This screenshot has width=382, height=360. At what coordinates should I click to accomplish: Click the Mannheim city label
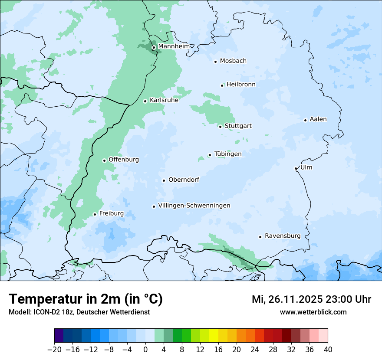pyautogui.click(x=174, y=46)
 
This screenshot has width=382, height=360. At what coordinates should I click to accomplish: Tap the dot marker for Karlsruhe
pyautogui.click(x=145, y=101)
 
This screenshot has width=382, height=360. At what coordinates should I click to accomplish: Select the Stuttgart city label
pyautogui.click(x=238, y=126)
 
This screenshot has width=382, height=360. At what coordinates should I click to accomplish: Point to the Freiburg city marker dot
pyautogui.click(x=95, y=214)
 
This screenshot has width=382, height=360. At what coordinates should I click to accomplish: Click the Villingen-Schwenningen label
pyautogui.click(x=194, y=206)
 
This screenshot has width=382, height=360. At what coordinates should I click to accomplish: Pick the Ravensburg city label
pyautogui.click(x=283, y=236)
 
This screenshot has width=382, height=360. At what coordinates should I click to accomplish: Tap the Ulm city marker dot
pyautogui.click(x=296, y=168)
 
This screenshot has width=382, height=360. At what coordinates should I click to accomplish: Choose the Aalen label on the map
pyautogui.click(x=318, y=119)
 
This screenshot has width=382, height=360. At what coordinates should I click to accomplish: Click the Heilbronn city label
pyautogui.click(x=241, y=85)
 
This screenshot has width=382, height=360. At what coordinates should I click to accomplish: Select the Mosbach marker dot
pyautogui.click(x=215, y=62)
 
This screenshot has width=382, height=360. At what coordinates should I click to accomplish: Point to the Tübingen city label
pyautogui.click(x=228, y=154)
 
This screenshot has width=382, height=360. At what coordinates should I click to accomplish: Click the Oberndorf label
pyautogui.click(x=184, y=180)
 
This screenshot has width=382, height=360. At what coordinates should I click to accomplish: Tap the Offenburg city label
pyautogui.click(x=124, y=160)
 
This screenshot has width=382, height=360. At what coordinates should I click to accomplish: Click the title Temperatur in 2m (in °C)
pyautogui.click(x=86, y=299)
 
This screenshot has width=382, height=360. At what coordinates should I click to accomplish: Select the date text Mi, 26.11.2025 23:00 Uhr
pyautogui.click(x=311, y=299)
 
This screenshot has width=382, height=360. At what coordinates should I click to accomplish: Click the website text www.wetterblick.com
pyautogui.click(x=313, y=312)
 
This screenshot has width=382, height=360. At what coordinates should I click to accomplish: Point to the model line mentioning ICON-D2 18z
pyautogui.click(x=79, y=312)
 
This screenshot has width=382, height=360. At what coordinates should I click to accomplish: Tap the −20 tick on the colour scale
pyautogui.click(x=55, y=350)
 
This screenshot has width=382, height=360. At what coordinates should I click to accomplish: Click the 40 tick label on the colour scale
pyautogui.click(x=328, y=350)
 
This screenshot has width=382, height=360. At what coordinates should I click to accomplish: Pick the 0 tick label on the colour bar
pyautogui.click(x=145, y=350)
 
